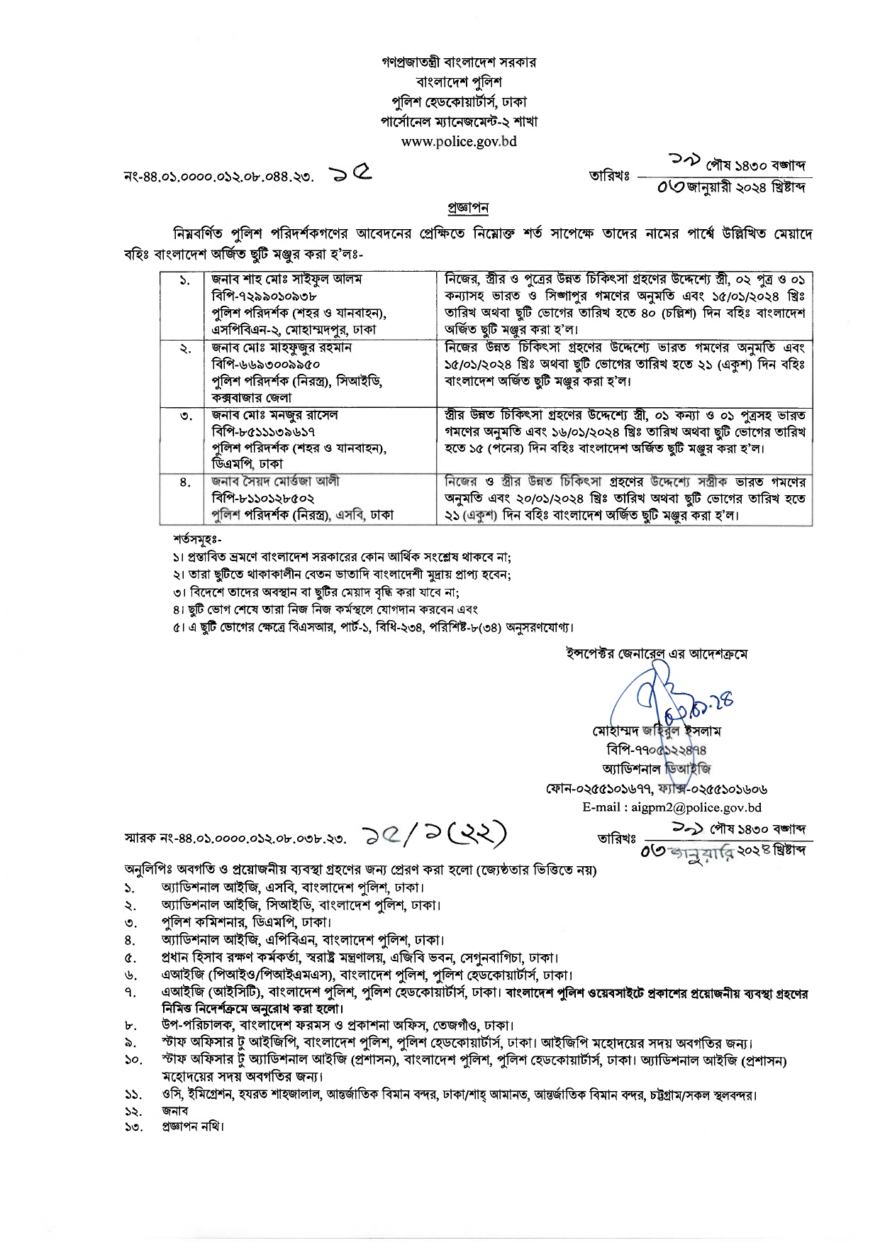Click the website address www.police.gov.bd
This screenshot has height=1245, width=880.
click(x=459, y=141)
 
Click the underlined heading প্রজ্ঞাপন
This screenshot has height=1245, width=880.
click(x=467, y=208)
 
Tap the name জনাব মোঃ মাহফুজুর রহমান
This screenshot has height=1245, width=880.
click(x=282, y=348)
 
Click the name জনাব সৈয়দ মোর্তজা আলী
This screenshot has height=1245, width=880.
click(x=275, y=481)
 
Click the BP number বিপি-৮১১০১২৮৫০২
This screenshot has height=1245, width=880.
click(x=263, y=498)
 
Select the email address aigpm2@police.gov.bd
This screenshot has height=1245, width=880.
click(x=672, y=807)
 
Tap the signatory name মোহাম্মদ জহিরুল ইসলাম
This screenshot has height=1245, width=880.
click(x=656, y=731)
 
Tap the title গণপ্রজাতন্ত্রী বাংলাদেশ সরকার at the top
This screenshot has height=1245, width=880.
click(x=459, y=62)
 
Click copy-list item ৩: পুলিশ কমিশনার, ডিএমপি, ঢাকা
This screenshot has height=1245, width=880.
click(x=246, y=922)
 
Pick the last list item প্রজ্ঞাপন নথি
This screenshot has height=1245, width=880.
click(x=192, y=1126)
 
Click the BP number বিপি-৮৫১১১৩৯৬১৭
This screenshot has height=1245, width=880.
click(x=263, y=431)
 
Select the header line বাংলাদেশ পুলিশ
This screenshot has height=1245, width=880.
click(x=459, y=82)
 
